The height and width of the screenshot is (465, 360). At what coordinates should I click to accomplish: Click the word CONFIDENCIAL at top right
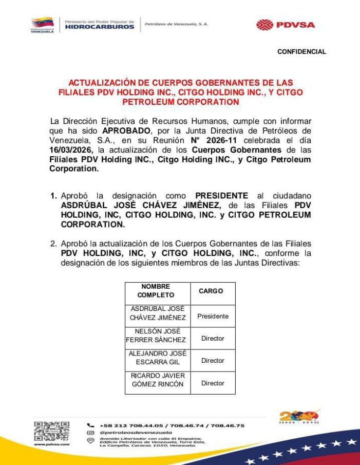pos(301,52)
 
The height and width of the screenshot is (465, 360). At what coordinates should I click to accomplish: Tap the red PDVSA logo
pos(286,25)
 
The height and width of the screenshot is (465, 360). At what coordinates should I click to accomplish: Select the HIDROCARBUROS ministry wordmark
pos(100,27)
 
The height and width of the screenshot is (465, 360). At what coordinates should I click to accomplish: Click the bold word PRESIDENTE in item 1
pos(221,196)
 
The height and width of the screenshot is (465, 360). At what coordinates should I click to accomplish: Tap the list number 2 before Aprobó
pos(53,243)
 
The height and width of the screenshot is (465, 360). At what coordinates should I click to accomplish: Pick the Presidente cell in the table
pos(213,317)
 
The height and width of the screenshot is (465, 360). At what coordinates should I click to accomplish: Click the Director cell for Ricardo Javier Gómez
pos(213,383)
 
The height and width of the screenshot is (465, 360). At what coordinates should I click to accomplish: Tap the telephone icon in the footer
pos(91,425)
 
